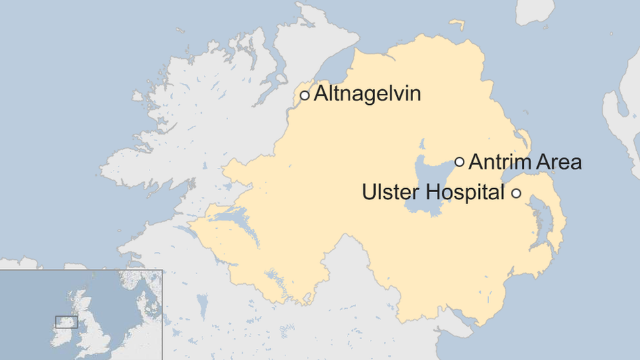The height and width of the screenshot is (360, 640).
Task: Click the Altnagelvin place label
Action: (x=367, y=94)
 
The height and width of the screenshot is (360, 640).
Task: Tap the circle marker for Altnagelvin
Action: (x=304, y=96)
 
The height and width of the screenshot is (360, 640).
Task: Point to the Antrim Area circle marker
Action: (x=460, y=161)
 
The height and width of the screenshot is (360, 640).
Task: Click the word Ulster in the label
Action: (x=391, y=193)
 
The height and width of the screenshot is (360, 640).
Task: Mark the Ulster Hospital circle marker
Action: (x=516, y=193)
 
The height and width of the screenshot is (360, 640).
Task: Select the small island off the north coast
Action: (x=456, y=25)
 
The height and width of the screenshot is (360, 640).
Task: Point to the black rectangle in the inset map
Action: (x=66, y=322)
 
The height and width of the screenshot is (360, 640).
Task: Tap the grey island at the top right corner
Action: (x=534, y=10)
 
